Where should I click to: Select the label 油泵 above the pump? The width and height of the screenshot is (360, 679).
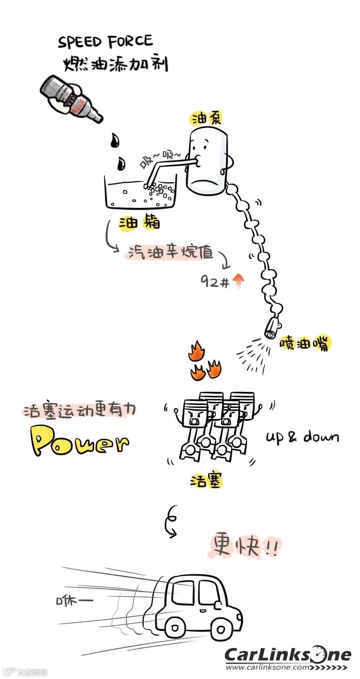(x=206, y=118)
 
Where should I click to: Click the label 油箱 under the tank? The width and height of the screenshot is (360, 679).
(x=139, y=223)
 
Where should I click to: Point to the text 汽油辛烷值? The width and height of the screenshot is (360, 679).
(x=170, y=252)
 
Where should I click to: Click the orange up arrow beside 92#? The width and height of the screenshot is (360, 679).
(x=238, y=281)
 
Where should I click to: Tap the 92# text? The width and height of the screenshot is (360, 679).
(x=214, y=281)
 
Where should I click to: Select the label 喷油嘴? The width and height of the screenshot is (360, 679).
(x=304, y=343)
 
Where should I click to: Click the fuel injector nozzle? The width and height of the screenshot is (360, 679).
(x=272, y=328)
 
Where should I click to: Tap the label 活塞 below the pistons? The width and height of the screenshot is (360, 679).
(x=206, y=481)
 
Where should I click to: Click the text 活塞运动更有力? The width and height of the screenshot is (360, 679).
(x=79, y=410)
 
